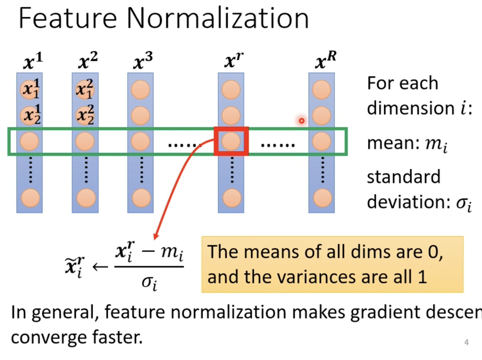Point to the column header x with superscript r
click(x=232, y=62)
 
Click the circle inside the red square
click(x=231, y=141)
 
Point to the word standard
click(x=403, y=177)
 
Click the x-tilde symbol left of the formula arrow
click(x=75, y=265)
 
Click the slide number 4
click(x=467, y=342)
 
